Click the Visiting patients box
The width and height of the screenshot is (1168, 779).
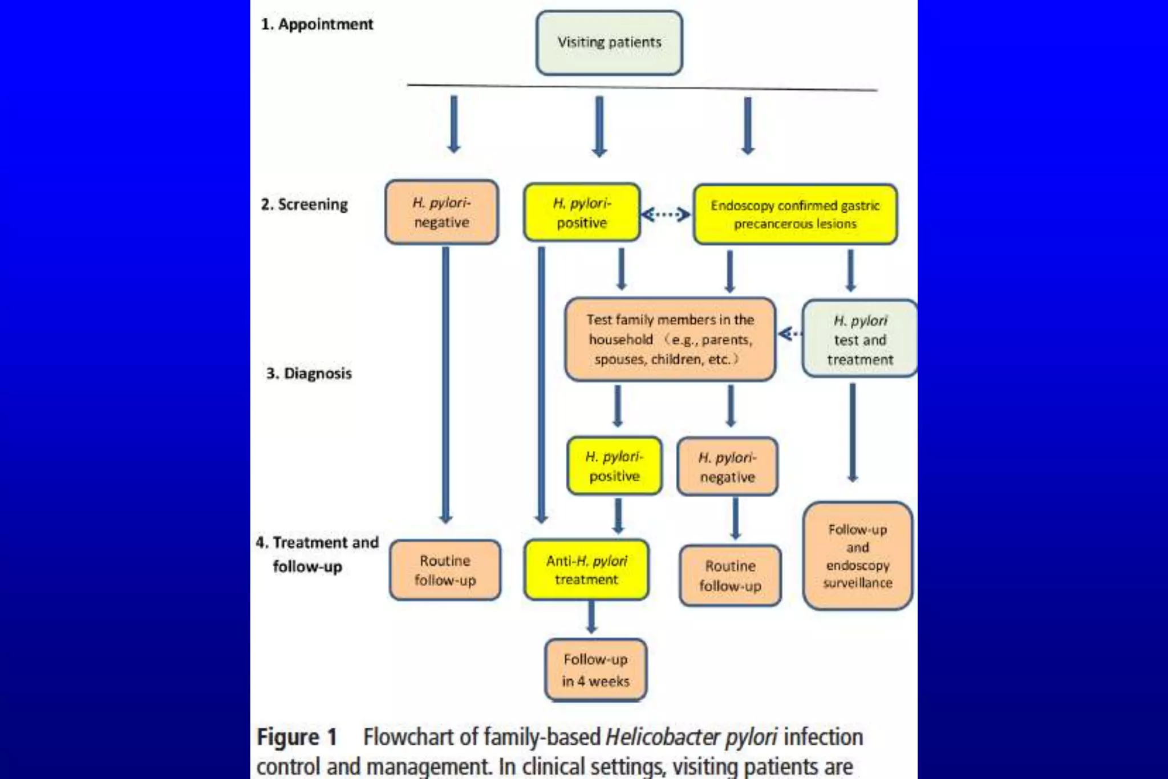click(609, 43)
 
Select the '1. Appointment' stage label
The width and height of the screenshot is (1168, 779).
click(317, 25)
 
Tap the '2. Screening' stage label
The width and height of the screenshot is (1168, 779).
click(305, 204)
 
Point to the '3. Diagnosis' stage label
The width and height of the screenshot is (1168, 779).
click(309, 374)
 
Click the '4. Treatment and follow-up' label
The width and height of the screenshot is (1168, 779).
click(317, 554)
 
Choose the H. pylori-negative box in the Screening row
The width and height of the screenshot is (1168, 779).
click(442, 212)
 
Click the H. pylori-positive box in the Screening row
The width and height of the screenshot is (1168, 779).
click(582, 213)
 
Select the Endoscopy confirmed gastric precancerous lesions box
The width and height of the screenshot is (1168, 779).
click(795, 214)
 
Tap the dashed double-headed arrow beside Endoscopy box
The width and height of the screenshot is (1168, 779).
click(666, 214)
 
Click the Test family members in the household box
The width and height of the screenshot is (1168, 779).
click(670, 339)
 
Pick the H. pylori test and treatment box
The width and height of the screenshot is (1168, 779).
click(859, 339)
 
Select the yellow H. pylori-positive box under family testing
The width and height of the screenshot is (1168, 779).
click(614, 466)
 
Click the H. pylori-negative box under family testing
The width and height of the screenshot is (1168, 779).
click(727, 467)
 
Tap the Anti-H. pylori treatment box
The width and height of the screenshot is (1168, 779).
click(586, 570)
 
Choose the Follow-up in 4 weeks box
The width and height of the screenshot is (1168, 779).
click(595, 670)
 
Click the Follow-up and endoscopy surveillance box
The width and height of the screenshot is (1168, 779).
click(858, 556)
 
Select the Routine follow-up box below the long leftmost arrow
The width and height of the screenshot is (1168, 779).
click(445, 570)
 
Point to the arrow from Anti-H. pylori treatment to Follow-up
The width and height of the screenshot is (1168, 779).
click(591, 618)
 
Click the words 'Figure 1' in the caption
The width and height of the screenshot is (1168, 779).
click(297, 737)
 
